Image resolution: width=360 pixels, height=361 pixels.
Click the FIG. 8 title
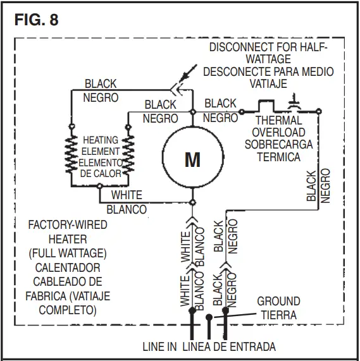coord(36,20)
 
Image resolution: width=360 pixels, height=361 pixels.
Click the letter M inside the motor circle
coord(192,159)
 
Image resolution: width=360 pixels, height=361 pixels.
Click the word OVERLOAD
coord(278,133)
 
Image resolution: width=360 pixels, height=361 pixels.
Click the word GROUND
coord(278,302)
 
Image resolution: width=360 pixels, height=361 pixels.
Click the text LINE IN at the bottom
coord(159,347)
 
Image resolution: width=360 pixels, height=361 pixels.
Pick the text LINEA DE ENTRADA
coord(228,347)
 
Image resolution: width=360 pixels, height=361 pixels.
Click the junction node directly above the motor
coord(192,112)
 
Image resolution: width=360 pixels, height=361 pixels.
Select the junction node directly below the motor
coord(192,203)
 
